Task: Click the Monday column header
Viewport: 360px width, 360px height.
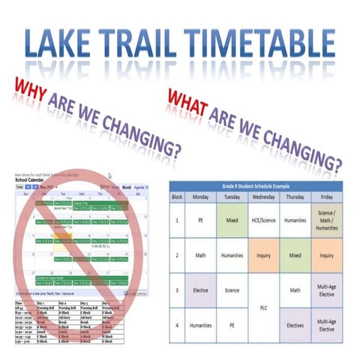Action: point(201,197)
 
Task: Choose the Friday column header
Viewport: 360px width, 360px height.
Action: point(326,197)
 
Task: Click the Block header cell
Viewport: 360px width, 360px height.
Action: point(177,197)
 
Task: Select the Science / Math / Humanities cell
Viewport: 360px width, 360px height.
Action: point(326,222)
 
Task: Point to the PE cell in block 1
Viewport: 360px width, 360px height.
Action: point(201,222)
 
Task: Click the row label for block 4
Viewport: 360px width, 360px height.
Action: point(177,326)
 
